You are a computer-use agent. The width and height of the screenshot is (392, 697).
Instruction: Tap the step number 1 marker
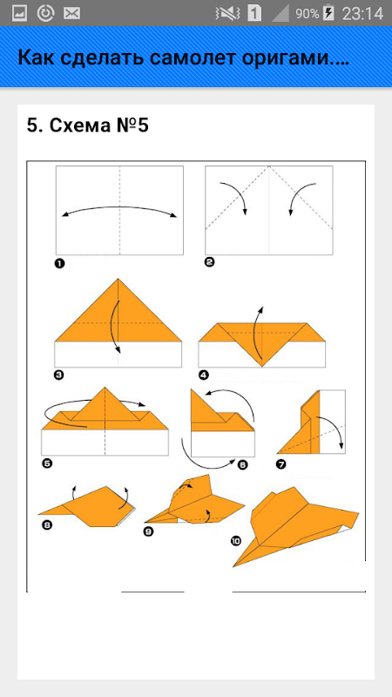59,264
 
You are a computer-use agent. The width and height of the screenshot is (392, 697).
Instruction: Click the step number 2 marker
209,262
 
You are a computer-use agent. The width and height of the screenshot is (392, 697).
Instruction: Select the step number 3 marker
58,376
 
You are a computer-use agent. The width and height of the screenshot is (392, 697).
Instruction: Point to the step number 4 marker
204,376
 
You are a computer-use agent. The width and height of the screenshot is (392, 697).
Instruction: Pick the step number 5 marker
47,464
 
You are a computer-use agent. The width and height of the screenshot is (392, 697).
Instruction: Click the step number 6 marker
242,465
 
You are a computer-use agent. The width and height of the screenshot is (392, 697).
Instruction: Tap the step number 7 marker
280,465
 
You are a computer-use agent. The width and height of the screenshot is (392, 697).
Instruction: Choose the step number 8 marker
47,525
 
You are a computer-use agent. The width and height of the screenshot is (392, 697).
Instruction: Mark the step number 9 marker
148,531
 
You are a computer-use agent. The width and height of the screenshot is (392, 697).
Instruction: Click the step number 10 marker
235,540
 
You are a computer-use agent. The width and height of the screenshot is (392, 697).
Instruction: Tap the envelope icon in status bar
71,13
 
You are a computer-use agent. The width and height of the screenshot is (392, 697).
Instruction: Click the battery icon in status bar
328,13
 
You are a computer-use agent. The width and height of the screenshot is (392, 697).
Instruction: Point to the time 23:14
362,13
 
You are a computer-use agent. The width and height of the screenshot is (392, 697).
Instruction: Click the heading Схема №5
99,125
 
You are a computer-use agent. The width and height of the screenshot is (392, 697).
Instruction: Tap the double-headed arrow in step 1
119,206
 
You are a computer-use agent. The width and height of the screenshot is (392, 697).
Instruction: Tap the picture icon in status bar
19,13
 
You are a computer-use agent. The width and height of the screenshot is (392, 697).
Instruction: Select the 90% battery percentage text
308,14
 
